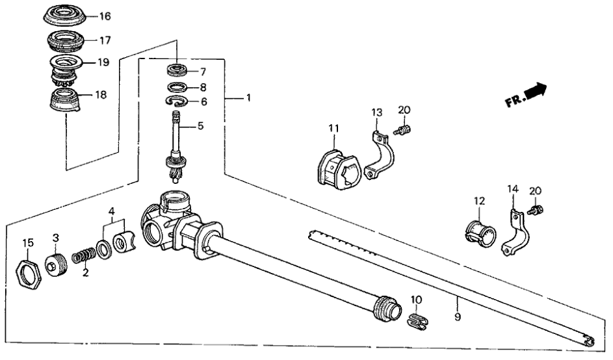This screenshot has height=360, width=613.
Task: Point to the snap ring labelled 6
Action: point(178,101)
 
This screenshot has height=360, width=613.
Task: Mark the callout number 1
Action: point(248,98)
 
